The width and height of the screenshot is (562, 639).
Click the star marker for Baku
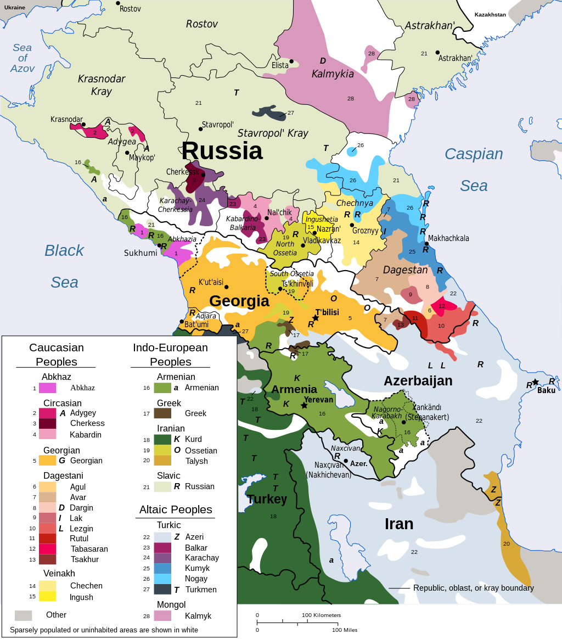(535, 382)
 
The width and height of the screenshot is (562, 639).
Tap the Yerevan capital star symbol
(304, 405)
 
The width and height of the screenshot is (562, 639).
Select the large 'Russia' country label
(222, 150)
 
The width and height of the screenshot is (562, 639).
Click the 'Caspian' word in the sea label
(473, 154)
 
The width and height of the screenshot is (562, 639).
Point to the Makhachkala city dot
(426, 243)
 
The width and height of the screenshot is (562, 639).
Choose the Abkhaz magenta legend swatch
(47, 388)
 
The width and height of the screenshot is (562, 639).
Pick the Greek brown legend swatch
(162, 413)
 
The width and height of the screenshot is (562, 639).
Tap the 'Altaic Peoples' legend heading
(176, 509)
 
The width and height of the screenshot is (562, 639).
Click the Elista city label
(280, 65)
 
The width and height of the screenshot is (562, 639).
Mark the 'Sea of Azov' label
(23, 58)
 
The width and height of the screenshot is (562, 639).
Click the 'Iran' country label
(399, 524)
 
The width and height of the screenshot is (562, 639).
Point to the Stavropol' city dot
(200, 129)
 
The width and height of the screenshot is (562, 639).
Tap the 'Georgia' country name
(239, 301)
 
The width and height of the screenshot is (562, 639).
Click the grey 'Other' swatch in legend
(23, 615)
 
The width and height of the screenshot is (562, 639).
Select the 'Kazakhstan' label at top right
(490, 15)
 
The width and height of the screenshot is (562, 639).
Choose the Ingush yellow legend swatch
(47, 596)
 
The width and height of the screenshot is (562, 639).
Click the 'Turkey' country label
(267, 499)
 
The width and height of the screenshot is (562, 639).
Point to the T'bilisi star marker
(316, 318)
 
